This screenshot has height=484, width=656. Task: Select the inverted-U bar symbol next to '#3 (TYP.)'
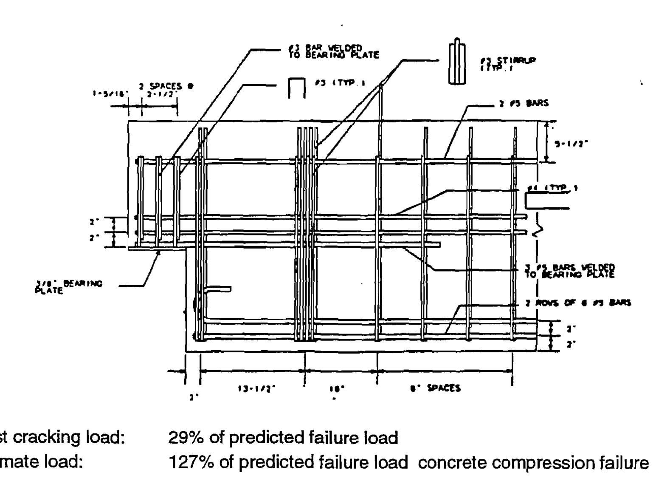point(296,88)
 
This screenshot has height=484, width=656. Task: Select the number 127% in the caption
point(189,462)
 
